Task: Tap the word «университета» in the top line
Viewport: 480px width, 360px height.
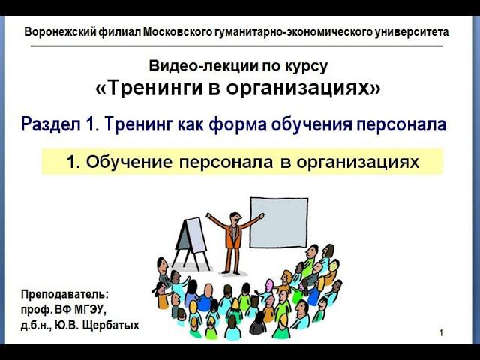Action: [415, 32]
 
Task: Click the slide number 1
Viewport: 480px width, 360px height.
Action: [442, 332]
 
